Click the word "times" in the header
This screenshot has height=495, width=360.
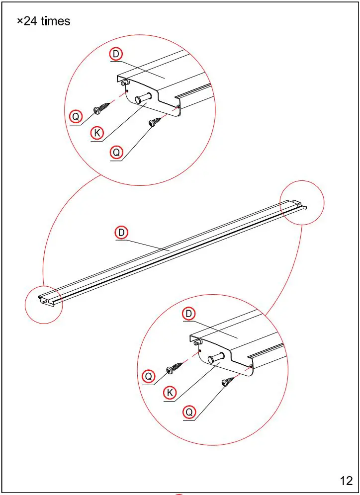click(x=56, y=21)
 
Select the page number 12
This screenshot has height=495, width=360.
click(x=346, y=481)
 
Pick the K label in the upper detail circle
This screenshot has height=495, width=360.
click(x=97, y=133)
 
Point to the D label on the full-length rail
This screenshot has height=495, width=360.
click(x=122, y=232)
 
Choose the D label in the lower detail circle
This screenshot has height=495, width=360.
click(x=189, y=314)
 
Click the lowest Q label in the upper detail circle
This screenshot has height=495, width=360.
click(x=116, y=153)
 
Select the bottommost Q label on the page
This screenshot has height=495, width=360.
click(x=189, y=412)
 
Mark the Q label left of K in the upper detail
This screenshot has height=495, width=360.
click(x=75, y=117)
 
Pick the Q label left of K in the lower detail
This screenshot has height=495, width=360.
click(x=148, y=376)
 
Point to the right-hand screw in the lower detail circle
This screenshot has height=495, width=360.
click(x=228, y=381)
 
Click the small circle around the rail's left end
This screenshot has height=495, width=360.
click(x=44, y=304)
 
